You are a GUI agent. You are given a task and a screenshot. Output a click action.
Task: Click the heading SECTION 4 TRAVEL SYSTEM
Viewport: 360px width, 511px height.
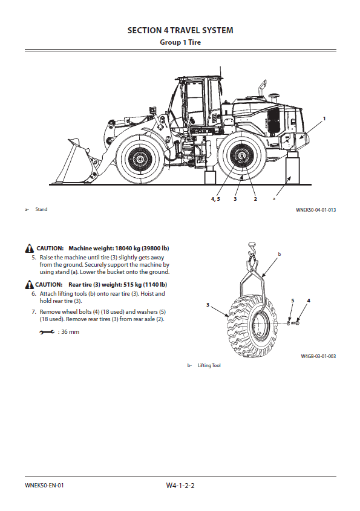point(180,30)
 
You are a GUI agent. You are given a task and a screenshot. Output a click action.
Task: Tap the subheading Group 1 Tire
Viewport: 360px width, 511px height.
point(180,42)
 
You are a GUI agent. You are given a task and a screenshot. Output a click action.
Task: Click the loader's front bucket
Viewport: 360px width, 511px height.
point(78,161)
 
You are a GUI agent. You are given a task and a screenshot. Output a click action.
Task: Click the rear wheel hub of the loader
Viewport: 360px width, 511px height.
point(241,157)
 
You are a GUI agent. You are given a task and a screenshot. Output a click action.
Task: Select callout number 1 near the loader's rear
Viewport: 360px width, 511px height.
point(324,119)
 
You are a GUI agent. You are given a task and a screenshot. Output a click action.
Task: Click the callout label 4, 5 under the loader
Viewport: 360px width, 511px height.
point(215,199)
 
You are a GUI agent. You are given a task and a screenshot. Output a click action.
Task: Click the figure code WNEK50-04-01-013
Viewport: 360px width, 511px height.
point(316,210)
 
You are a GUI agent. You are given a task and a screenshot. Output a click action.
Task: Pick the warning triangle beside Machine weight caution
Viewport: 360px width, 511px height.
point(30,249)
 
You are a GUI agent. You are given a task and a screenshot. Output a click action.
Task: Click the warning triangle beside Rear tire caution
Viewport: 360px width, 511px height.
point(30,284)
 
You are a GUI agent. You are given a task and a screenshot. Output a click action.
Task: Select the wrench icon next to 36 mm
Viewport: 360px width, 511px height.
point(47,332)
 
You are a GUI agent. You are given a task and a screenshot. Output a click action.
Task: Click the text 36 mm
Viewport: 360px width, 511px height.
point(70,332)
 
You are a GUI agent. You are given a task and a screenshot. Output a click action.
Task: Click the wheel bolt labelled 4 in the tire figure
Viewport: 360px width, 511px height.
point(295,323)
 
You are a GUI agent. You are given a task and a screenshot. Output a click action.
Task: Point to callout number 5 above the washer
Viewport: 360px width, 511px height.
point(292,301)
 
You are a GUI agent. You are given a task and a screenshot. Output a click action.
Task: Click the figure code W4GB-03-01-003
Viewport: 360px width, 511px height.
point(318,356)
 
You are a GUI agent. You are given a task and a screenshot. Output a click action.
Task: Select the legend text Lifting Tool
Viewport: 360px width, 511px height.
point(209,366)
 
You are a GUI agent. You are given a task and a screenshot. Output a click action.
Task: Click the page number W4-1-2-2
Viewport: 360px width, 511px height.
point(180,486)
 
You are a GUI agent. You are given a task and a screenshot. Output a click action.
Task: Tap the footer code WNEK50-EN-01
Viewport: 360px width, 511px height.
point(44,485)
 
